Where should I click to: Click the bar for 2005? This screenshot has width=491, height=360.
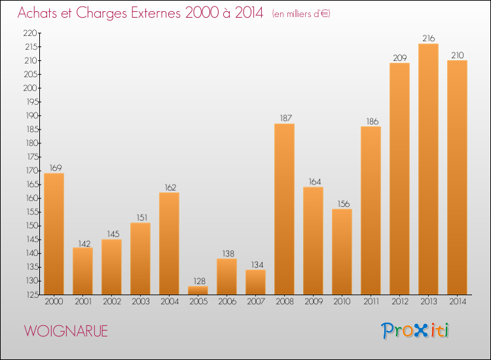click(x=198, y=290)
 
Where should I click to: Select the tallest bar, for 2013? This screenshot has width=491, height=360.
click(x=428, y=169)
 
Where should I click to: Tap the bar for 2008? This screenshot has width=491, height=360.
click(x=284, y=209)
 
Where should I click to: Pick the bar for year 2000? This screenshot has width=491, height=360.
click(x=54, y=234)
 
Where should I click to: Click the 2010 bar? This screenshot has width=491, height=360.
click(x=342, y=252)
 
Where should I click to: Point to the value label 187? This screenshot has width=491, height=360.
click(x=285, y=118)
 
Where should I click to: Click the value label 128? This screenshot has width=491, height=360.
click(x=199, y=281)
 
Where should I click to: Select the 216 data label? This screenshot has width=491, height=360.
click(x=428, y=38)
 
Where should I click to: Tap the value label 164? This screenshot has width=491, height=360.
click(x=315, y=181)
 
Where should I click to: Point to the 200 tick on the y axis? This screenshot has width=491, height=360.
click(x=30, y=88)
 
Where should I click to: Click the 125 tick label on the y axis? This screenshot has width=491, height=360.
click(x=32, y=295)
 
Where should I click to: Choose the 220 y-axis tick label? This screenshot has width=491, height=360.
click(x=30, y=33)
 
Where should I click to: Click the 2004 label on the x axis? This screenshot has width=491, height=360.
click(x=170, y=302)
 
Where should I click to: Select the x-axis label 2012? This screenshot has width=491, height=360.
click(x=400, y=302)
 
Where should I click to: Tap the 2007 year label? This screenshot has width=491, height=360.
click(x=256, y=302)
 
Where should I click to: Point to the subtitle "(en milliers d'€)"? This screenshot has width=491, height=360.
click(x=301, y=14)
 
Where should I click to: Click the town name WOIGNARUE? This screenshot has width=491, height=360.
click(x=66, y=331)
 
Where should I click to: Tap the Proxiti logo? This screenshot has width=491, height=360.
click(x=415, y=331)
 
